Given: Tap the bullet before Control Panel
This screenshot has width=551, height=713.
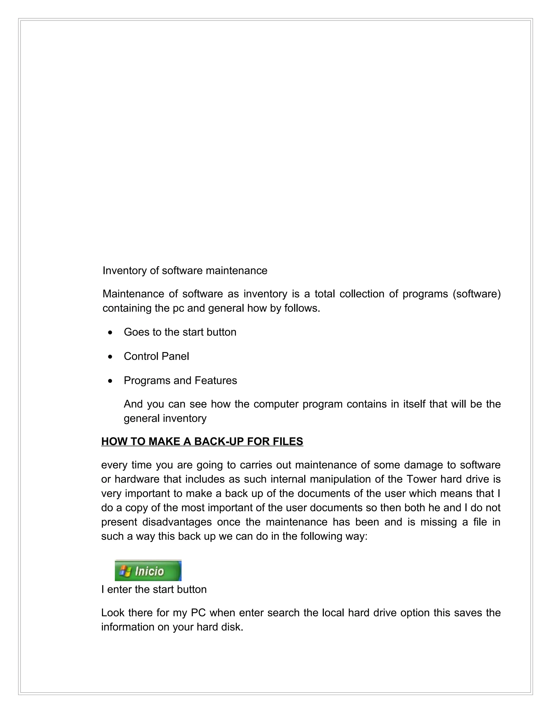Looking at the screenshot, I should pyautogui.click(x=111, y=357).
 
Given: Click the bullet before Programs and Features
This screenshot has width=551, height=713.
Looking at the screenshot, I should pyautogui.click(x=111, y=381).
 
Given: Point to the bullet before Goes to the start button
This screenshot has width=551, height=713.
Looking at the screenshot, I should pyautogui.click(x=111, y=333).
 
